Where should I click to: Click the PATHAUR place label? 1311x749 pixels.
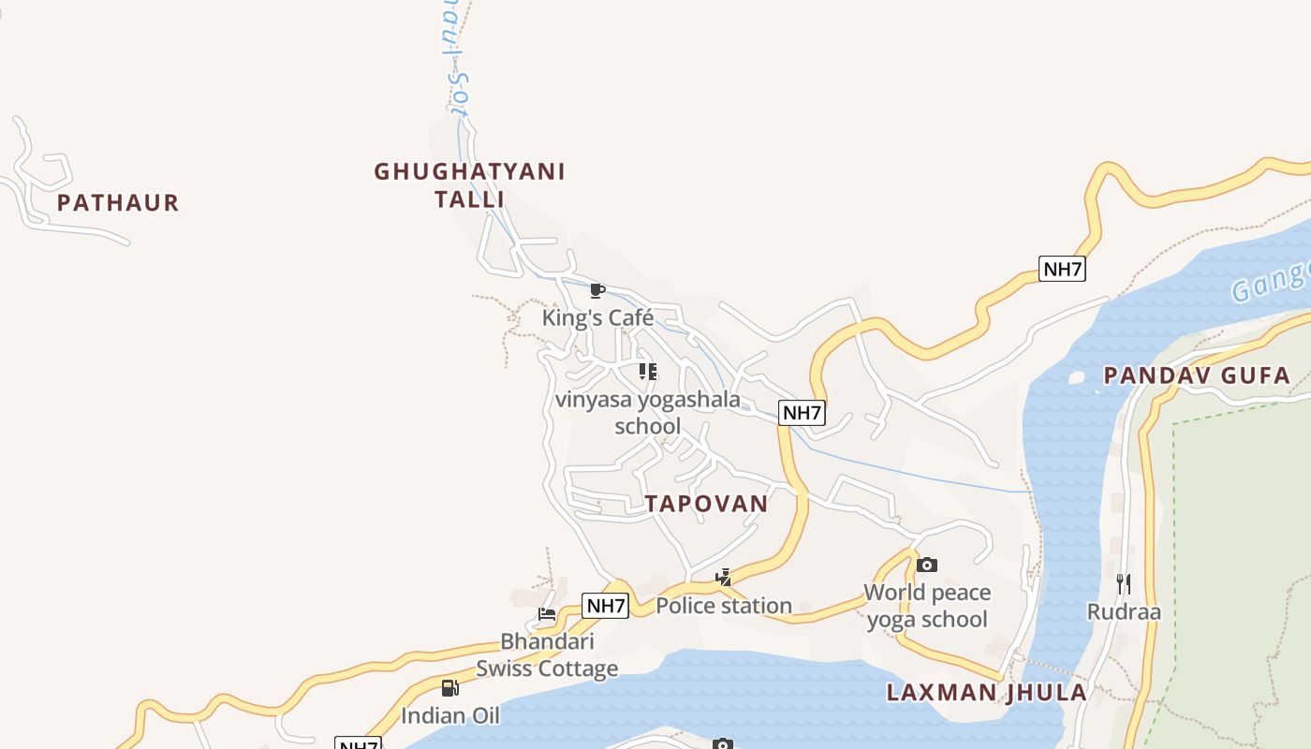(x=118, y=202)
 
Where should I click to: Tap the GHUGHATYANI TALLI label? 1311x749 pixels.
(x=469, y=185)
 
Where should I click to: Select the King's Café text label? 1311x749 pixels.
(x=597, y=318)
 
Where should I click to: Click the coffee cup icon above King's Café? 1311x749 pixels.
(x=597, y=290)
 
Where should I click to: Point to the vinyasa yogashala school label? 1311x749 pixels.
(x=648, y=413)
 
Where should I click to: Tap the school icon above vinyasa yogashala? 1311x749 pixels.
(x=648, y=372)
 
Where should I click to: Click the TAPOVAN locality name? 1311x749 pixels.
(x=707, y=504)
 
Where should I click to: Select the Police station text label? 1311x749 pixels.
(x=724, y=606)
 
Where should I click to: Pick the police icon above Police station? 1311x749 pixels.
(x=723, y=578)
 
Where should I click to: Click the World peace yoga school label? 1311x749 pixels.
(x=927, y=606)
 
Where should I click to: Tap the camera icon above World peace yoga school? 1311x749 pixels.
(x=927, y=565)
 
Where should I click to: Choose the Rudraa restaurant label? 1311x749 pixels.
(x=1124, y=612)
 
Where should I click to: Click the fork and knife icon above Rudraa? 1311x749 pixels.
(x=1124, y=584)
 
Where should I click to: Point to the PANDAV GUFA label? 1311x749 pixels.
(x=1197, y=376)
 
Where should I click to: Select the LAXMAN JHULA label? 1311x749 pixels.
(x=987, y=693)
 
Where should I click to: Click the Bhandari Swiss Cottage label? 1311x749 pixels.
(x=547, y=655)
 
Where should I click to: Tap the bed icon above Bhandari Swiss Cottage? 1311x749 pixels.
(x=547, y=615)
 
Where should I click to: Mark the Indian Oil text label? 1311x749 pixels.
(x=450, y=716)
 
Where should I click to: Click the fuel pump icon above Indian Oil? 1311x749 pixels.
(x=450, y=688)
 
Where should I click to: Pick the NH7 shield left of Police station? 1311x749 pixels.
(x=605, y=606)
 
